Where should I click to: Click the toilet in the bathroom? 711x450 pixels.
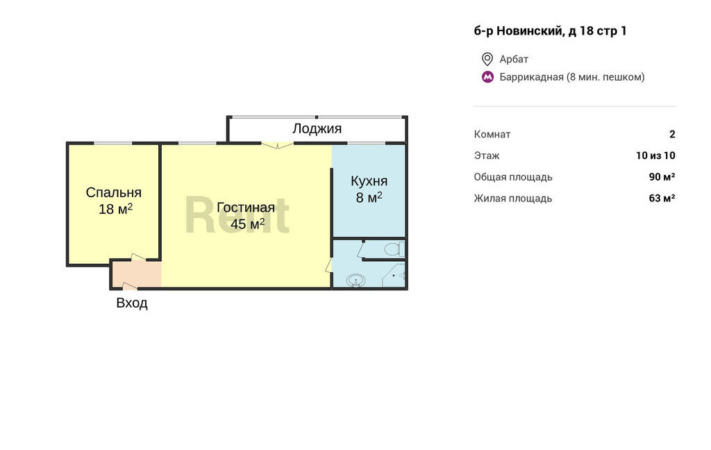tap(394, 249)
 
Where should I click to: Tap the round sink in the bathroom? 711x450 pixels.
tap(356, 281)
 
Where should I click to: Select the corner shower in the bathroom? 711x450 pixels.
tap(394, 275)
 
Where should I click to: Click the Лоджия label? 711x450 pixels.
tap(317, 129)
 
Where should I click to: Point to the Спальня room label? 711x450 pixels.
tap(114, 192)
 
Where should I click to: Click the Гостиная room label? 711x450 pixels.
tap(246, 208)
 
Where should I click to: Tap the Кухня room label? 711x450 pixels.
tap(369, 181)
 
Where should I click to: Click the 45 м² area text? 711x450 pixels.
tap(248, 224)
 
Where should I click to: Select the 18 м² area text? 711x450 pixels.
tap(116, 208)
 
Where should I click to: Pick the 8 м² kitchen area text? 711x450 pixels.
tap(369, 197)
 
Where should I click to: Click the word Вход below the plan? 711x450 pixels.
tap(132, 303)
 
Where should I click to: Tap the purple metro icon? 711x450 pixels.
tap(487, 77)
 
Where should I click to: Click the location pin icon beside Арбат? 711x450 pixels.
tap(487, 59)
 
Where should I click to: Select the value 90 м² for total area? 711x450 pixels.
tap(662, 177)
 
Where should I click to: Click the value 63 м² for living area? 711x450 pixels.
tap(662, 198)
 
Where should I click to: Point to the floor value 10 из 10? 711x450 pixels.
tap(655, 156)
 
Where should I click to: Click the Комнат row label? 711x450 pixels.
tap(492, 134)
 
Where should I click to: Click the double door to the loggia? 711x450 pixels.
tap(278, 145)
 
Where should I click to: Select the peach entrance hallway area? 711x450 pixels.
tap(136, 274)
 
